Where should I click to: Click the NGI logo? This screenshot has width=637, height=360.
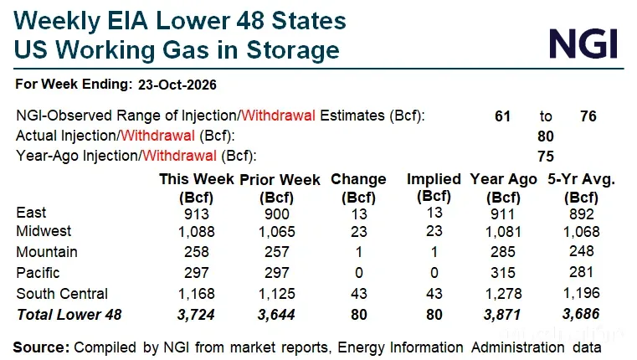583,44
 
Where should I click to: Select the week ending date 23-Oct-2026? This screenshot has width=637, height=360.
177,85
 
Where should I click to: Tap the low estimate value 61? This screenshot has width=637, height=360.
502,116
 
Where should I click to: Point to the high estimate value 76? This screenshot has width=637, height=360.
588,116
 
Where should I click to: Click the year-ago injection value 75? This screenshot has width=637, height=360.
546,157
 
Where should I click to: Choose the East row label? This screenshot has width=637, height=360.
31,213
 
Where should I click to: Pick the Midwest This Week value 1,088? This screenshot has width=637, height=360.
196,232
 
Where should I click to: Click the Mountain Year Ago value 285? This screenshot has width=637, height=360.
502,252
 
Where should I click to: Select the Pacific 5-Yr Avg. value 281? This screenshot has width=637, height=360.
582,272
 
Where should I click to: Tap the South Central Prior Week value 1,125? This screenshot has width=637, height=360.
277,294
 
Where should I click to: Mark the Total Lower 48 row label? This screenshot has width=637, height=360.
69,315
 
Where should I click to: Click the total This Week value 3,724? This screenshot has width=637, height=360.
196,315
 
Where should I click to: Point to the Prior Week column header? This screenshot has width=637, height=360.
280,188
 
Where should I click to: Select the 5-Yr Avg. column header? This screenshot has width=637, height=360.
582,188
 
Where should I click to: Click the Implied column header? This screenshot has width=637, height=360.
434,188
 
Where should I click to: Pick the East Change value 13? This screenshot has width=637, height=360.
359,214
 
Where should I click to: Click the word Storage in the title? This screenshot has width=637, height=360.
292,50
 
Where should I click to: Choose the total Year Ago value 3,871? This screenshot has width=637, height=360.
502,315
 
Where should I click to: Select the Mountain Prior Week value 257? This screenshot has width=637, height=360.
277,252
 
